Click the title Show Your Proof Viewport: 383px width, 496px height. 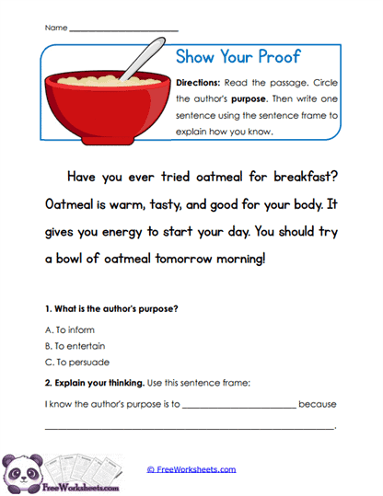(238, 57)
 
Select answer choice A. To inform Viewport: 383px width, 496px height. (69, 329)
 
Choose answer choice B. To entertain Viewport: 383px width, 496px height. (75, 346)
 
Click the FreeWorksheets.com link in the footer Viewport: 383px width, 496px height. (191, 469)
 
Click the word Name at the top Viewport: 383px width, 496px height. (55, 28)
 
